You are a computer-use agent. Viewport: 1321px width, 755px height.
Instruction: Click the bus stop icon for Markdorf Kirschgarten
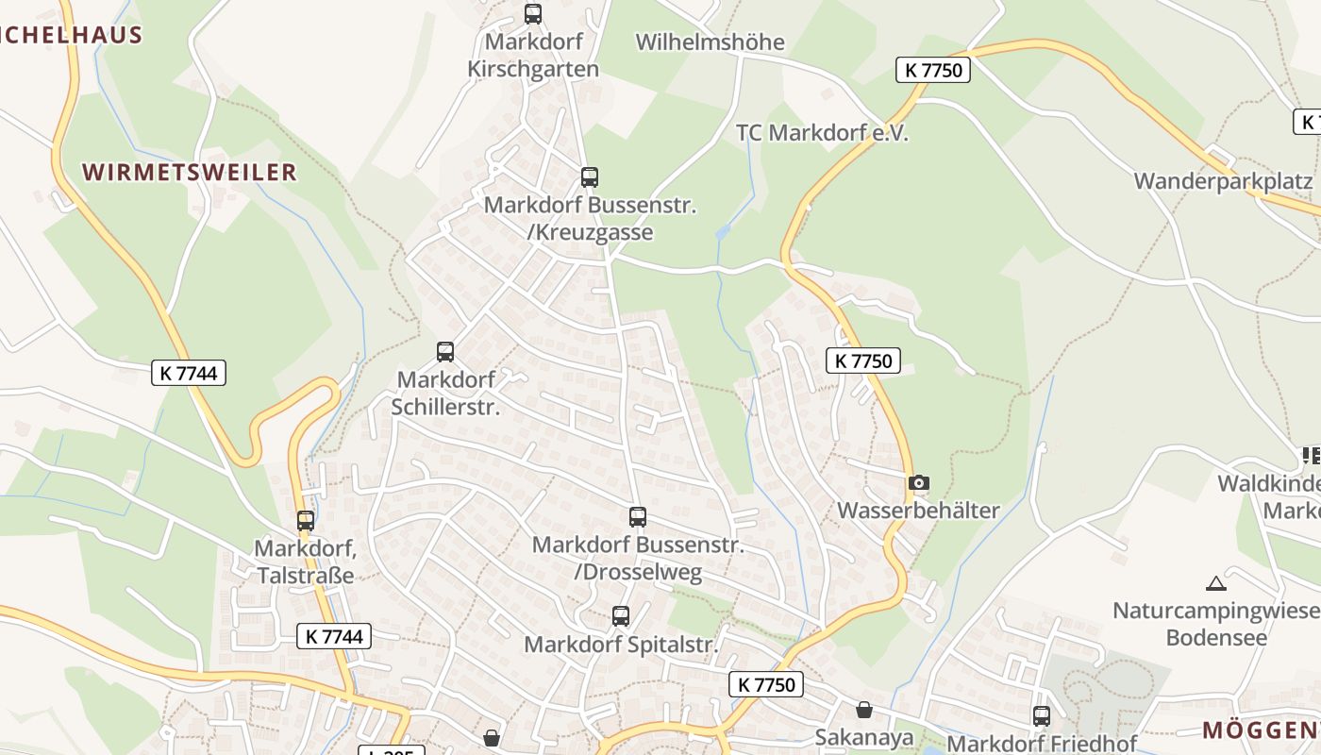[x=533, y=14]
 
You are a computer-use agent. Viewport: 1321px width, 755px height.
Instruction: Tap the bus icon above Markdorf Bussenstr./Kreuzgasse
[x=590, y=176]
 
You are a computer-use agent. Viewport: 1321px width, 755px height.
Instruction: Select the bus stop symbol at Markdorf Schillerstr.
[x=445, y=352]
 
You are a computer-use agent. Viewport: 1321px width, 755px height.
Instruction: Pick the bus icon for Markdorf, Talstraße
[x=306, y=520]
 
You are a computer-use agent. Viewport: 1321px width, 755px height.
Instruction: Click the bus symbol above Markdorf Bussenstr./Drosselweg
[x=638, y=517]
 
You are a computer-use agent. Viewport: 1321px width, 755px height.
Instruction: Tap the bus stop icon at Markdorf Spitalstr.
[x=621, y=616]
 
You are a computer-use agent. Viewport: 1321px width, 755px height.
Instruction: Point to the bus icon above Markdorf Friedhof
[x=1042, y=715]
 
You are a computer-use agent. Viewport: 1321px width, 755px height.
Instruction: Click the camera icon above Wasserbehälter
[x=919, y=483]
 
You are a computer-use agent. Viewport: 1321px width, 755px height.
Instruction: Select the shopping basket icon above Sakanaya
[x=864, y=710]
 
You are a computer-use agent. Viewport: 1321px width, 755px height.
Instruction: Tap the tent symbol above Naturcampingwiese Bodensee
[x=1215, y=583]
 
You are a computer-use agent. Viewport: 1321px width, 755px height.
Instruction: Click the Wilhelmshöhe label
[x=710, y=42]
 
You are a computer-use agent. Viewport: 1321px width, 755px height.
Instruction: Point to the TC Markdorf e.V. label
[x=822, y=133]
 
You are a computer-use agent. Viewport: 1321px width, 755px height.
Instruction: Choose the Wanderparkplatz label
[x=1223, y=181]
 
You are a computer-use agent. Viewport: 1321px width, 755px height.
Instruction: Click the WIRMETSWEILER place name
[x=190, y=172]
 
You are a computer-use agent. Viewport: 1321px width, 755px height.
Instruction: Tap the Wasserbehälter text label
[x=918, y=511]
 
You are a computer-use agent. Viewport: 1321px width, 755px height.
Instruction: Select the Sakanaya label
[x=865, y=737]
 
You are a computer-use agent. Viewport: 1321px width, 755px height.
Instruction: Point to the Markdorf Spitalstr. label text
[x=621, y=645]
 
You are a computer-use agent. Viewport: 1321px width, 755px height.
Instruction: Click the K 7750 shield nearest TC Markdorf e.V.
[x=933, y=69]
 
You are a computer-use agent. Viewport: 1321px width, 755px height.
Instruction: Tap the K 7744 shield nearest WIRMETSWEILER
[x=189, y=373]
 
